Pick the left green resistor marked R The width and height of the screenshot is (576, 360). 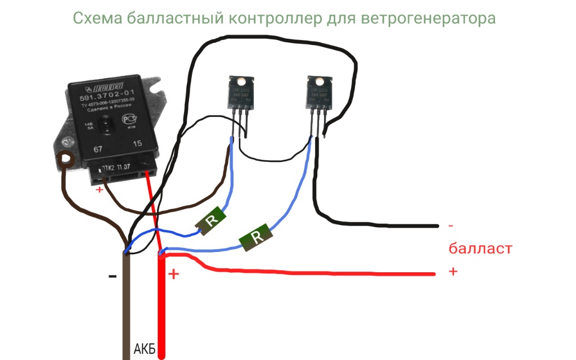pos(211,220)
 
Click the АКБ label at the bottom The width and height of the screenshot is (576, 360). pos(144,349)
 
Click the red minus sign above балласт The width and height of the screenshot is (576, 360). pos(451,226)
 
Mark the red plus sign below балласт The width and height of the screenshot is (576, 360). pos(453,271)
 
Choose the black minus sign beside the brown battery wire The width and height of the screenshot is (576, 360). pos(112,276)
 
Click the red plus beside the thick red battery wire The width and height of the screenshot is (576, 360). pos(174,274)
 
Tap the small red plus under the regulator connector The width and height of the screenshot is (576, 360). pos(100,190)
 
